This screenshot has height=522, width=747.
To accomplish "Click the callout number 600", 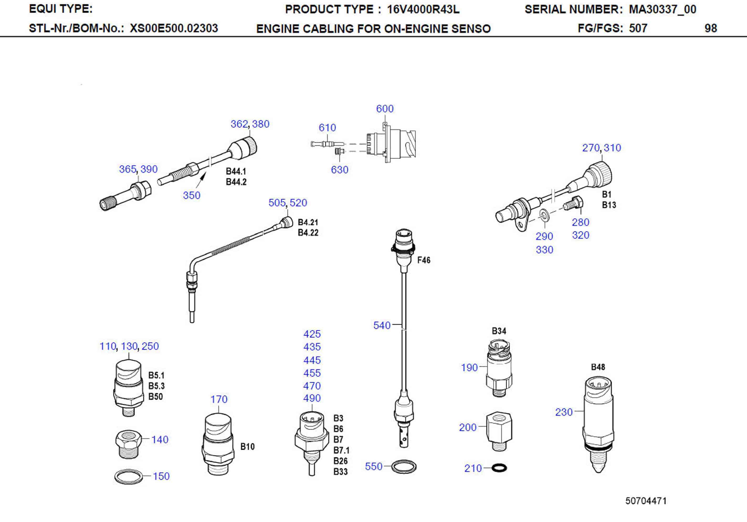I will [385, 109].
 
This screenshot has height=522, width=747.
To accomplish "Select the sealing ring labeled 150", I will [129, 477].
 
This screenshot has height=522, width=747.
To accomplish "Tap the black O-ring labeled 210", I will [499, 468].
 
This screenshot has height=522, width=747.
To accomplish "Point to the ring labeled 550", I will [403, 467].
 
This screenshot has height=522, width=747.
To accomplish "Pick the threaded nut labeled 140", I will [129, 443].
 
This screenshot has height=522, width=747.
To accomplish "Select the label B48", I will [598, 367].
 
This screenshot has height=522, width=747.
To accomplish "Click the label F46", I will [424, 260].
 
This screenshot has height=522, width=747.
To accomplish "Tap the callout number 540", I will [382, 325].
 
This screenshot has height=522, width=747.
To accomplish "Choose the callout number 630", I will [339, 169].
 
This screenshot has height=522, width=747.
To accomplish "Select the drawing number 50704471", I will [646, 500].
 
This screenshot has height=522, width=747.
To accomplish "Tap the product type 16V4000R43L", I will [423, 9].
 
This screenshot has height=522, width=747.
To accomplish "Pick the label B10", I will [247, 446].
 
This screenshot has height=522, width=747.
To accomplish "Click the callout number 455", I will [312, 373].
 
